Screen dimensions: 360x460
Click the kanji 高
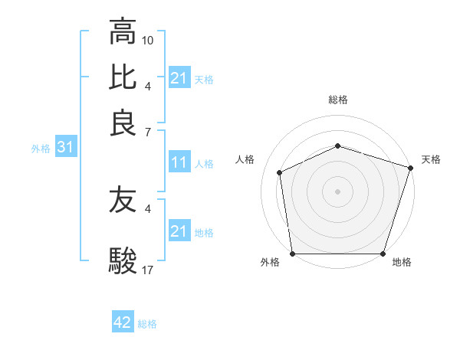(123, 32)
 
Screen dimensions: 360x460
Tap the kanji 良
(123, 123)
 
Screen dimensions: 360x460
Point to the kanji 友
(123, 201)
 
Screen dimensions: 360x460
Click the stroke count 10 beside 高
(148, 39)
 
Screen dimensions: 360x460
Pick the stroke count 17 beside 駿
(148, 270)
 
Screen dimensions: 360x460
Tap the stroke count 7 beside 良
(148, 133)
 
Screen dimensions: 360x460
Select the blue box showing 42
(123, 322)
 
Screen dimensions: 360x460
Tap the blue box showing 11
(179, 162)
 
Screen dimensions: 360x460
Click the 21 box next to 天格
(179, 78)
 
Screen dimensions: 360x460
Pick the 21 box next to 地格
(179, 231)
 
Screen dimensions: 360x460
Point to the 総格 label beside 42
(147, 324)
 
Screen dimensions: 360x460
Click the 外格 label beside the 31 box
(41, 149)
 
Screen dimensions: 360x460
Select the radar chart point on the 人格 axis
(279, 172)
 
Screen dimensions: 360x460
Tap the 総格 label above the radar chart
(337, 100)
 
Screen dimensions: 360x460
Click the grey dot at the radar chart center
(337, 191)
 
